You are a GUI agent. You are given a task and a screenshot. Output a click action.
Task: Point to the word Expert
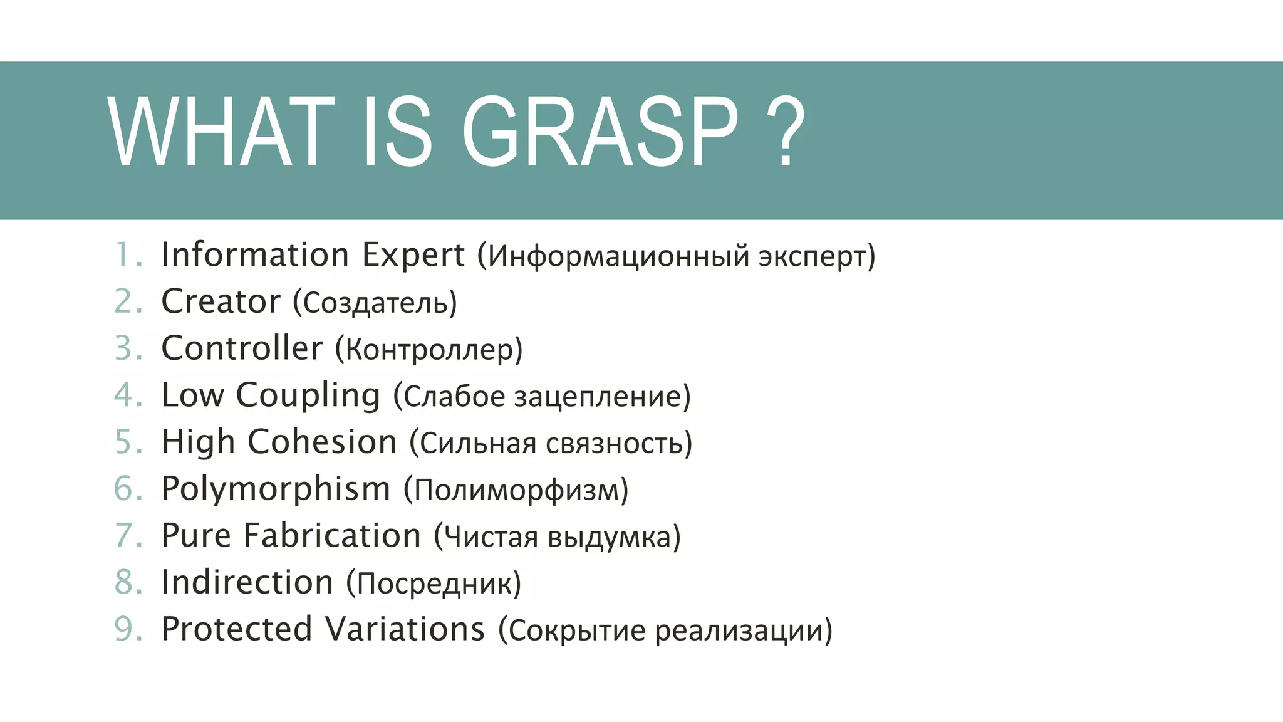pyautogui.click(x=413, y=255)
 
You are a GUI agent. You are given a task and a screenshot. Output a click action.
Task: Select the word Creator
pyautogui.click(x=221, y=301)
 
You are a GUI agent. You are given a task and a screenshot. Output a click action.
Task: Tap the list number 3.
pyautogui.click(x=127, y=348)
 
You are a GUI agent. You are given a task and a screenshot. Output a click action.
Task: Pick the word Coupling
pyautogui.click(x=308, y=396)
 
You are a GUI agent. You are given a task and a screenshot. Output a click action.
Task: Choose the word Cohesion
pyautogui.click(x=322, y=442)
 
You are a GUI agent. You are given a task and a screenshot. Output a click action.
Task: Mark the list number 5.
pyautogui.click(x=127, y=442)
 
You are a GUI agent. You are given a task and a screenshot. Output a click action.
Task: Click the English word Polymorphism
pyautogui.click(x=276, y=489)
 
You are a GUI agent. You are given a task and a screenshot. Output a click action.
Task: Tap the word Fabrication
pyautogui.click(x=332, y=536)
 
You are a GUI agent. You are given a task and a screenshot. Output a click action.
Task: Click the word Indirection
pyautogui.click(x=247, y=582)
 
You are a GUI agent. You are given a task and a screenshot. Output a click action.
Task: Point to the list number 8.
pyautogui.click(x=127, y=582)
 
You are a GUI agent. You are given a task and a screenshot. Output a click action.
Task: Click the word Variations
pyautogui.click(x=405, y=629)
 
